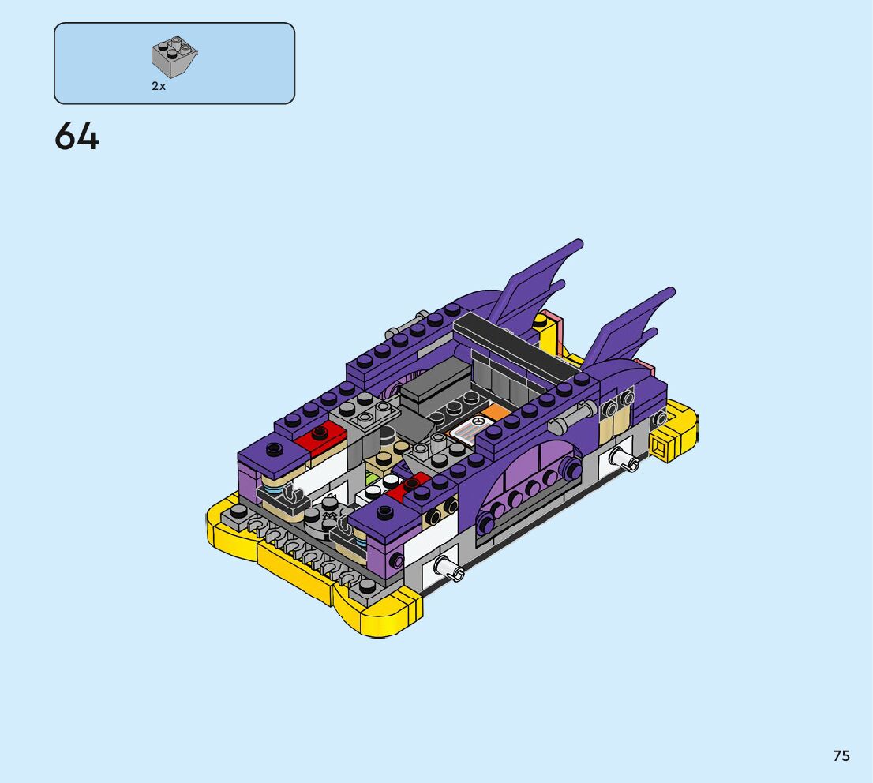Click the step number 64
pos(77,137)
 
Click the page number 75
pos(841,755)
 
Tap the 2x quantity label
pos(159,86)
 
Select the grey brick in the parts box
pos(174,57)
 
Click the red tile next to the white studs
pos(407,487)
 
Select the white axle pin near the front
pos(449,568)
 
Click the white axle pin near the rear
pos(624,459)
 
